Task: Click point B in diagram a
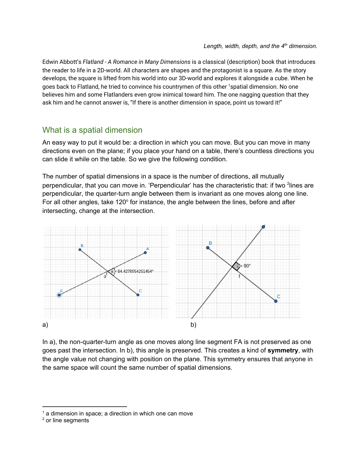click(80, 250)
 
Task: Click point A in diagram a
click(145, 252)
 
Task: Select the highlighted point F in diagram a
click(59, 295)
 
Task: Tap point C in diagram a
click(138, 295)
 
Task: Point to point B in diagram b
click(208, 248)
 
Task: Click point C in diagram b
click(276, 301)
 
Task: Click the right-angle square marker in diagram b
click(236, 266)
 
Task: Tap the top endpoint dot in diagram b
click(263, 227)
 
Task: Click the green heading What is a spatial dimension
click(92, 130)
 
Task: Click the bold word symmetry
click(283, 350)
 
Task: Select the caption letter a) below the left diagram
click(45, 325)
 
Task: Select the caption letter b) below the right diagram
click(193, 325)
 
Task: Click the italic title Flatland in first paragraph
click(93, 62)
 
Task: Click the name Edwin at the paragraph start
click(50, 62)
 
